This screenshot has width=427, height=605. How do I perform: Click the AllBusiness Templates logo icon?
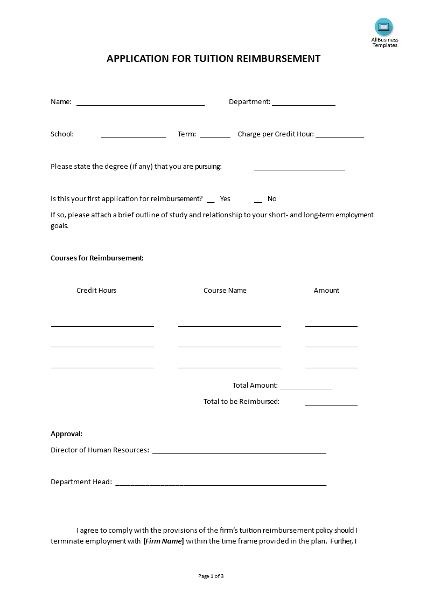[384, 27]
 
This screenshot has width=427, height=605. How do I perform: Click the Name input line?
[141, 104]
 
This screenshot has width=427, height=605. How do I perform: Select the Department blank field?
[304, 104]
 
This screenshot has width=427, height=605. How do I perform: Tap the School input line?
[134, 136]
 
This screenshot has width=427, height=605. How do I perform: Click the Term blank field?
[215, 136]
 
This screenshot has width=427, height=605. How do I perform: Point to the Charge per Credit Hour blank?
[340, 136]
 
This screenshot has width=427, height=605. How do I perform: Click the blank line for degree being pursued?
[299, 169]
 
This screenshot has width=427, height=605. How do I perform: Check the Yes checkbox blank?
[211, 201]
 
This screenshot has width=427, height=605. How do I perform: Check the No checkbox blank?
[258, 201]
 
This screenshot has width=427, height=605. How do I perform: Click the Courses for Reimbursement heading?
[97, 258]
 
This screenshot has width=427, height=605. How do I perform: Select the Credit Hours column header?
[96, 290]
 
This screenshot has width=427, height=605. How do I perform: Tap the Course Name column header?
[225, 290]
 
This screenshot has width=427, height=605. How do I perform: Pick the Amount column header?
[326, 290]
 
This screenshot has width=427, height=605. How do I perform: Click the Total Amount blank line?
[306, 388]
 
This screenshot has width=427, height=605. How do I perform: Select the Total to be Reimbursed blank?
[331, 404]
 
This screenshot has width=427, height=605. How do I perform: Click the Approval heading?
[66, 434]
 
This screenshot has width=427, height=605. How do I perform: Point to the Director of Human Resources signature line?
[239, 452]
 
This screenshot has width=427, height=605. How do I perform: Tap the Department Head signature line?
[221, 484]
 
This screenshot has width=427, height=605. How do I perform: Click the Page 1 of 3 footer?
[211, 576]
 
